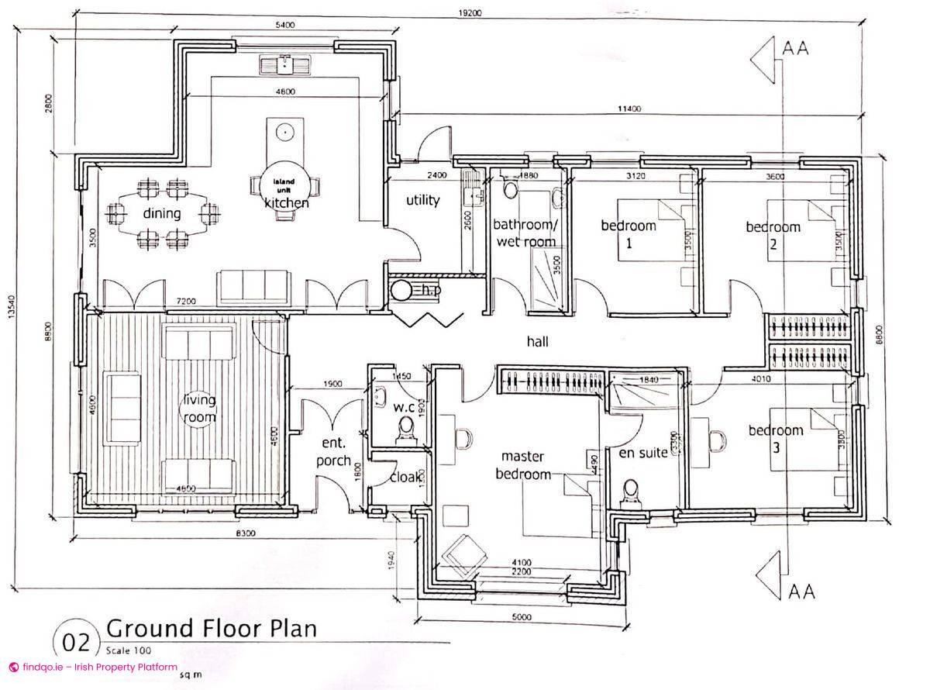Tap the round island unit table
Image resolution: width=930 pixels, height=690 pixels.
(283, 185)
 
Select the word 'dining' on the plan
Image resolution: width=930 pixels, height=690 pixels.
(162, 213)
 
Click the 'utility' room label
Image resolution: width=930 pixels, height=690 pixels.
(423, 200)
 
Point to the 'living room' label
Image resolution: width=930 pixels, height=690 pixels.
(199, 409)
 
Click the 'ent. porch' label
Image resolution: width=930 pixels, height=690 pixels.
(334, 450)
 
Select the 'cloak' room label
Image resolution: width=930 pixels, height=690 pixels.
(406, 478)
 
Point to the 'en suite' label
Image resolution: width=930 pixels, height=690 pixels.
(642, 453)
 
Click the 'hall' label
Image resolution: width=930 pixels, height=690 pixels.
(537, 341)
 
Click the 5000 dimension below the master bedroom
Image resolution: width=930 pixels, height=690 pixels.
(522, 617)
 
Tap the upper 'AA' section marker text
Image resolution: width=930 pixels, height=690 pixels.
(796, 48)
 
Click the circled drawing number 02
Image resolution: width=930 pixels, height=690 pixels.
(76, 643)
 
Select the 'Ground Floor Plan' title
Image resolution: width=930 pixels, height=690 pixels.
(212, 627)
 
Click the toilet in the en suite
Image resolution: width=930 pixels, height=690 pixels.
(631, 491)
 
